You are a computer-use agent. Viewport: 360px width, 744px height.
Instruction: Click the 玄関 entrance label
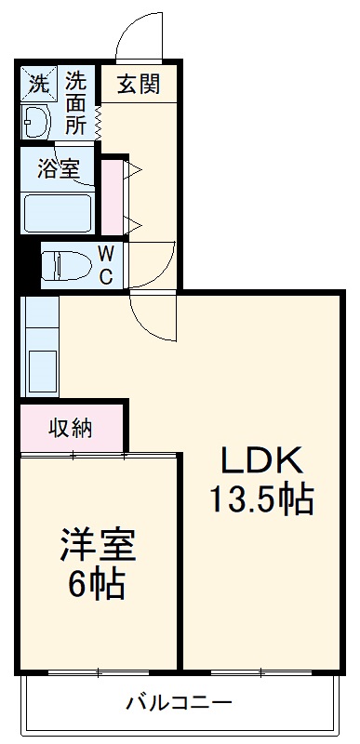(x=138, y=84)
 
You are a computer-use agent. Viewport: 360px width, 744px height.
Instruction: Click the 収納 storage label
(x=71, y=429)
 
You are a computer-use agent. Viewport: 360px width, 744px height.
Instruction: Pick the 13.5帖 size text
(x=260, y=501)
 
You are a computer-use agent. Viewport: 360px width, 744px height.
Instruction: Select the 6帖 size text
(x=99, y=585)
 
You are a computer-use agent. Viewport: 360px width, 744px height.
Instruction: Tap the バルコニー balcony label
(x=179, y=702)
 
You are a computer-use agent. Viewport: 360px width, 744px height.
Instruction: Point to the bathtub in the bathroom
(x=58, y=212)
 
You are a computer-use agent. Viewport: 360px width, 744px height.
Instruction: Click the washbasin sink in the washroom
(x=36, y=121)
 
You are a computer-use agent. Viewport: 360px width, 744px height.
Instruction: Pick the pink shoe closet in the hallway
(x=112, y=196)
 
